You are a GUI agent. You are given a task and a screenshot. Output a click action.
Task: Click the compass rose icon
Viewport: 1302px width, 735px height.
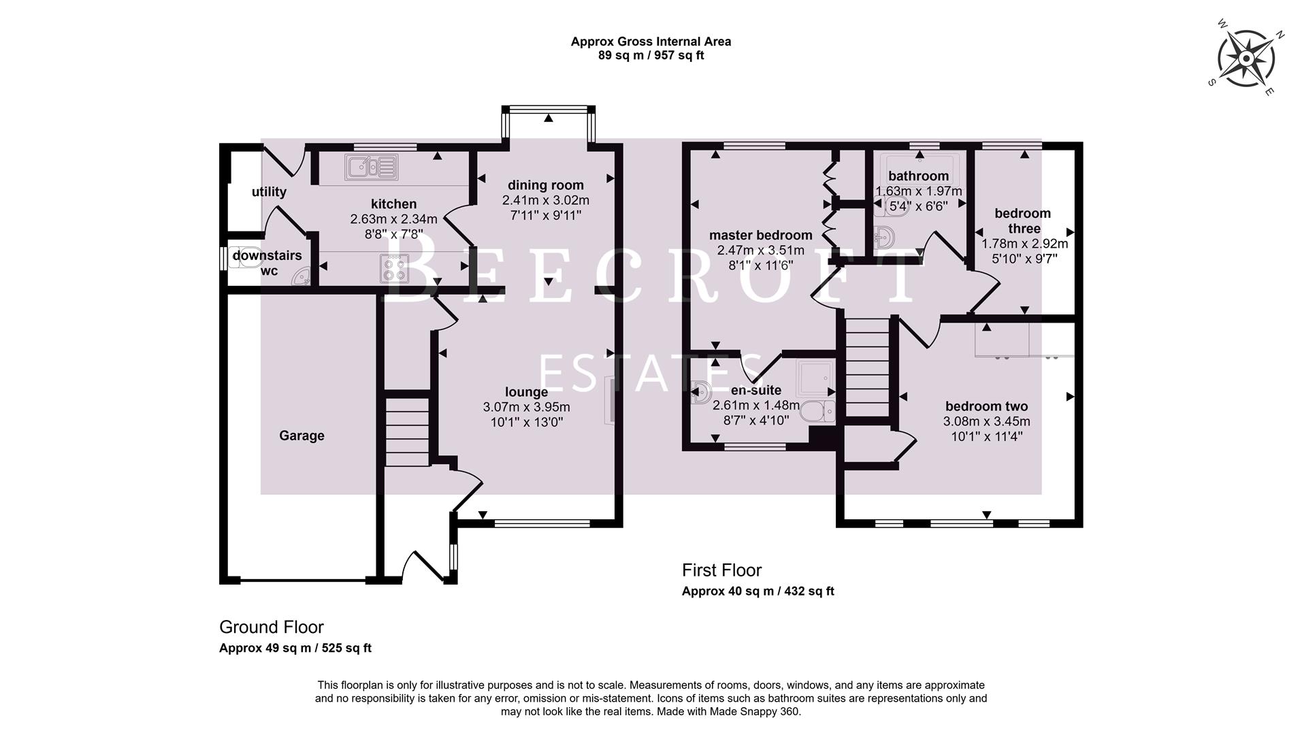pos(1245,59)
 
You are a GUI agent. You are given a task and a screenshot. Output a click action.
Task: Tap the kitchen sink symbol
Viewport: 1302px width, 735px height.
pos(371,167)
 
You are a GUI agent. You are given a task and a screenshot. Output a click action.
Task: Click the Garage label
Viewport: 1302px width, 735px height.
pos(302,436)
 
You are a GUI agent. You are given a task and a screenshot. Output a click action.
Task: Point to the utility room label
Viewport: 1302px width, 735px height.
pos(269,192)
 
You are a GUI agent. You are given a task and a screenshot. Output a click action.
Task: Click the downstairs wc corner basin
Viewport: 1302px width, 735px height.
pos(302,276)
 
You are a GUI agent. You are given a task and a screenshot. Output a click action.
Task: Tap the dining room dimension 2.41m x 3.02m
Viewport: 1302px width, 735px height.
pos(545,200)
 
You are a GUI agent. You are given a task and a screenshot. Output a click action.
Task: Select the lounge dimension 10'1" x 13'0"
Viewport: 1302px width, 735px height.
pos(526,422)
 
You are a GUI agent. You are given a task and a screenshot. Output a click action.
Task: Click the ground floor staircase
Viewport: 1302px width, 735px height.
pos(407,432)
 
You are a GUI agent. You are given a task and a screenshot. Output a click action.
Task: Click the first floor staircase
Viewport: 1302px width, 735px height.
pos(867,367)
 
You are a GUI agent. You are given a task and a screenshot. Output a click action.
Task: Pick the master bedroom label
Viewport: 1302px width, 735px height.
pos(760,235)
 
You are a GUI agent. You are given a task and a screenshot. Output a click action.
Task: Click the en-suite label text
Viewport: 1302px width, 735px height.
pos(755,391)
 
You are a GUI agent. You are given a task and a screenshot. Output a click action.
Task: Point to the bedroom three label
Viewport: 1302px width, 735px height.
pos(1022,221)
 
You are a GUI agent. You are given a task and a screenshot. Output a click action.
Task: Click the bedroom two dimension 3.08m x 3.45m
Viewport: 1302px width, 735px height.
pos(986,422)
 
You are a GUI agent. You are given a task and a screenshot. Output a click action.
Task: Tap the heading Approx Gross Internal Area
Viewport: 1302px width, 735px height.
pos(651,42)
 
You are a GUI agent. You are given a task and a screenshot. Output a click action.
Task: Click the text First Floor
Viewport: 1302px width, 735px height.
pos(721,570)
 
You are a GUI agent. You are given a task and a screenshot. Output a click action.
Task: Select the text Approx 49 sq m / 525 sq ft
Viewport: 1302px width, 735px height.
pos(295,648)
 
